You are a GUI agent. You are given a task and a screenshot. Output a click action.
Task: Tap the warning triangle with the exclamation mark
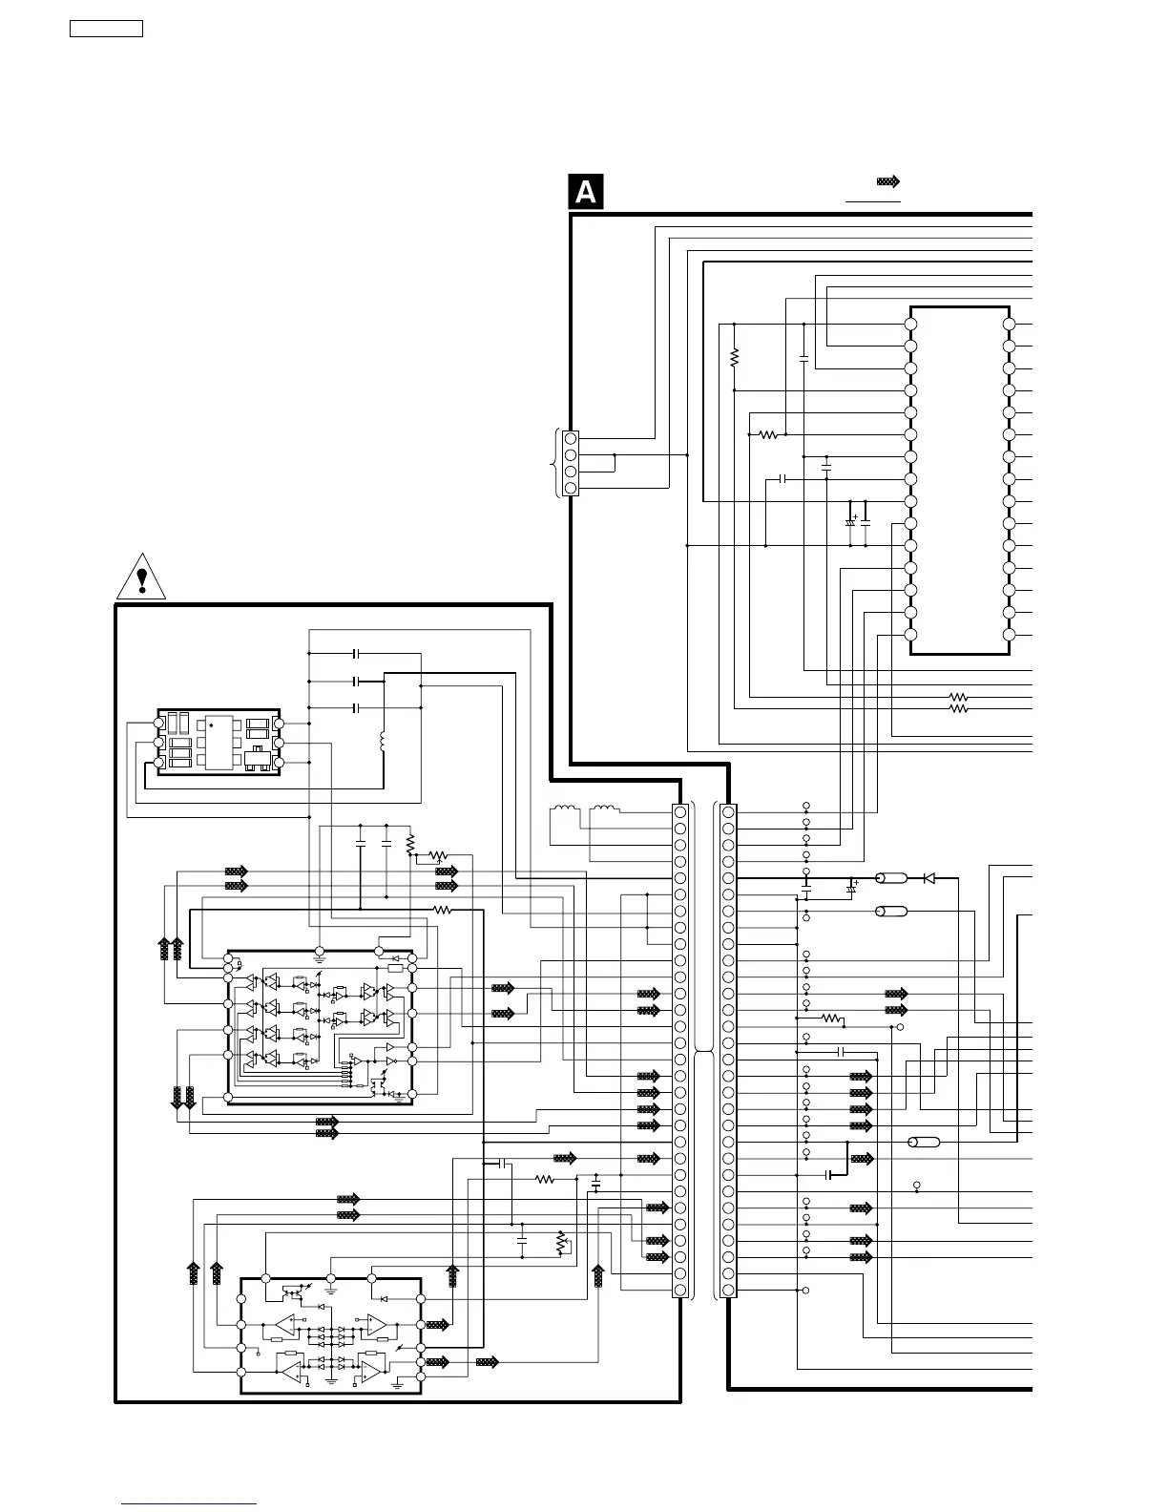click(142, 577)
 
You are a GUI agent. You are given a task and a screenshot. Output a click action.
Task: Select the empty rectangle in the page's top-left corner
click(106, 29)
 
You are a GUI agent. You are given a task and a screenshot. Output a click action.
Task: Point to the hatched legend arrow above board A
click(888, 181)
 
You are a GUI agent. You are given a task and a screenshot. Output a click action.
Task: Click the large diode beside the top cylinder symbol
click(928, 878)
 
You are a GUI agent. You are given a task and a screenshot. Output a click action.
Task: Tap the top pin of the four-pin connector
click(571, 438)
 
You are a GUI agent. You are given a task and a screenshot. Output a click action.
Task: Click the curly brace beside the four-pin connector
click(554, 463)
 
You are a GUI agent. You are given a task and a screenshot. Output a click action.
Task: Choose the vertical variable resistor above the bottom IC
click(560, 1243)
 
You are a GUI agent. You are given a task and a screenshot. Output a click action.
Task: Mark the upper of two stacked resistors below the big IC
click(959, 698)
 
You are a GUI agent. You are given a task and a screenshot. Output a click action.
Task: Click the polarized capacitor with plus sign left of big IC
click(850, 521)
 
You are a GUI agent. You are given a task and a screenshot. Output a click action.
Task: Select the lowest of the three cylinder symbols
click(924, 1142)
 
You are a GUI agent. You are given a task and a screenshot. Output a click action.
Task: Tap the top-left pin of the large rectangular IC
click(910, 324)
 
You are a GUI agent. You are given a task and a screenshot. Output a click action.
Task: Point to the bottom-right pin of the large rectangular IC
click(1010, 635)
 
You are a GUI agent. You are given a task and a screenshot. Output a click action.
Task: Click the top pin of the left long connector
click(680, 812)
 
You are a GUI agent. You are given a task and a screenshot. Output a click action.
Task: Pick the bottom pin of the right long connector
click(729, 1291)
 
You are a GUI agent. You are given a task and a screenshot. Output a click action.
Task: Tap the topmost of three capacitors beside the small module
click(356, 654)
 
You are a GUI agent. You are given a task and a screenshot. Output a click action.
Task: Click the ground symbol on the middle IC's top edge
click(320, 953)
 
